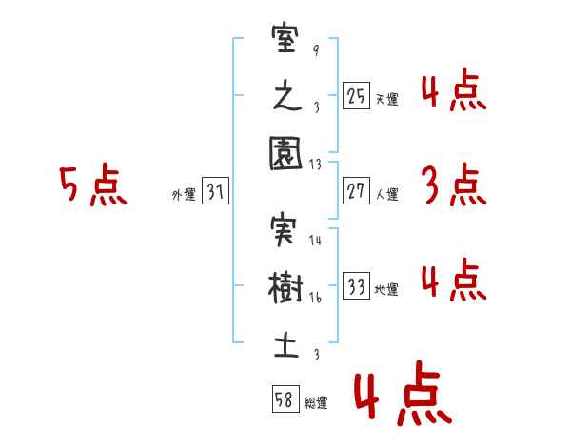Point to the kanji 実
(285, 232)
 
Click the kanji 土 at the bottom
(285, 341)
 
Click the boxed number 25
(356, 96)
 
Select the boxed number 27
(356, 191)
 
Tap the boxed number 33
(356, 287)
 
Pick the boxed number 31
(215, 192)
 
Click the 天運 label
(386, 99)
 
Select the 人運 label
(386, 194)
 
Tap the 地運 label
(386, 290)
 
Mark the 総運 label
(315, 402)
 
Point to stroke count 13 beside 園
(316, 164)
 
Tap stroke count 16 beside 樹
(316, 298)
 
